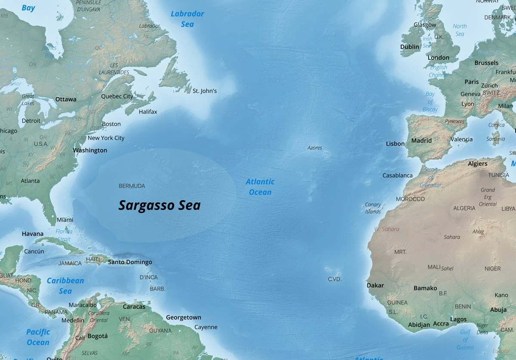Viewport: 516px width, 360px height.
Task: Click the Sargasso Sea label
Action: [160, 205]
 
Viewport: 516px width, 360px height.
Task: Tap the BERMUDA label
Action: [132, 186]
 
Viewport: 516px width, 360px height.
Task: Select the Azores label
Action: [314, 148]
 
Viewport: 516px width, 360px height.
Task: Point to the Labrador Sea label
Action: [187, 19]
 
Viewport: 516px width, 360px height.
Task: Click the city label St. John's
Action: [204, 91]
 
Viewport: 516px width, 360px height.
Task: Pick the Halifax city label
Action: [148, 112]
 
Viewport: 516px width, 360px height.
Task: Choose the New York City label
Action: [106, 138]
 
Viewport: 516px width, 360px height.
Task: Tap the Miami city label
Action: [65, 220]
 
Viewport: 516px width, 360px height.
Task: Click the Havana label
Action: [33, 234]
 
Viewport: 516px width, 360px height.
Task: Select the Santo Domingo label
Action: [130, 262]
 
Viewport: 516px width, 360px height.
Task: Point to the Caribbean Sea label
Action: [65, 286]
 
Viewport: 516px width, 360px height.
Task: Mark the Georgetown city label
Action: [184, 317]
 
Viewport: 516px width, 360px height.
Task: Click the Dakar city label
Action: [375, 285]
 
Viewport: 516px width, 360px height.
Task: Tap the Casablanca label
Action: [397, 175]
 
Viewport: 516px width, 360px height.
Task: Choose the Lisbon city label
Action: [395, 144]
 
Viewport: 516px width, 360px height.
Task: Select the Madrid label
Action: [421, 140]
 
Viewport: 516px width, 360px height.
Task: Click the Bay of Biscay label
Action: [430, 101]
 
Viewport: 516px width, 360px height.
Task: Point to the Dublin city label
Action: [409, 47]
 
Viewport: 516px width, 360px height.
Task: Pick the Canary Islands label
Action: [373, 208]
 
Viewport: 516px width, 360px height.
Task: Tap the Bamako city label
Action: [425, 288]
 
